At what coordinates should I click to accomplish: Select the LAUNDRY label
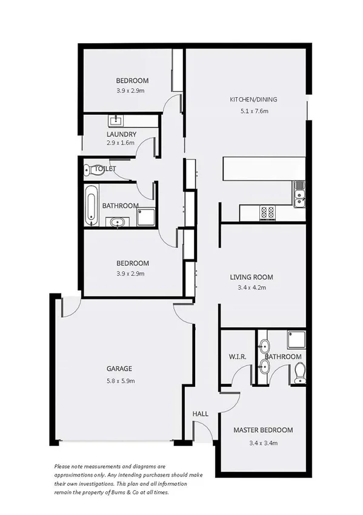pyautogui.click(x=121, y=134)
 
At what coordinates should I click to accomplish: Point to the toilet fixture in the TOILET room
pyautogui.click(x=87, y=169)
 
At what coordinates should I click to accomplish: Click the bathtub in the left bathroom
pyautogui.click(x=91, y=204)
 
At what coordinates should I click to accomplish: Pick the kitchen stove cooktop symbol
pyautogui.click(x=267, y=213)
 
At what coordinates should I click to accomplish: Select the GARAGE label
pyautogui.click(x=119, y=369)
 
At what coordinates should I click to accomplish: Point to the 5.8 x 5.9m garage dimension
pyautogui.click(x=119, y=381)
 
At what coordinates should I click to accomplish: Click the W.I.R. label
pyautogui.click(x=237, y=356)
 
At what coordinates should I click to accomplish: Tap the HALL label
pyautogui.click(x=201, y=414)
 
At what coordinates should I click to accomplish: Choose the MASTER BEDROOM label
pyautogui.click(x=263, y=430)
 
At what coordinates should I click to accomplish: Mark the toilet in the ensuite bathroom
pyautogui.click(x=299, y=373)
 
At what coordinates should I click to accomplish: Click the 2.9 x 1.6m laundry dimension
pyautogui.click(x=121, y=145)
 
